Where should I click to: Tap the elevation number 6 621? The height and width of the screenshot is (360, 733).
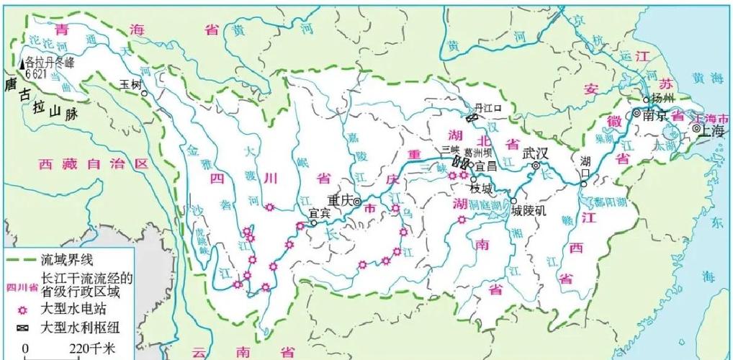click(37, 73)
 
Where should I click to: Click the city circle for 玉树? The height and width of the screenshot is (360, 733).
click(145, 93)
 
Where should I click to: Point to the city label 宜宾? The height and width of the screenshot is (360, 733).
click(319, 213)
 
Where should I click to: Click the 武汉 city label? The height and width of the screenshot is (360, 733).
click(535, 153)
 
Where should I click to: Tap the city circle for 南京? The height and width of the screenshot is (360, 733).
click(637, 113)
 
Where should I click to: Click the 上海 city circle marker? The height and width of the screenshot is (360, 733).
click(696, 128)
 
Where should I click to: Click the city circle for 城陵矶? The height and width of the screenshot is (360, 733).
click(514, 201)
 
